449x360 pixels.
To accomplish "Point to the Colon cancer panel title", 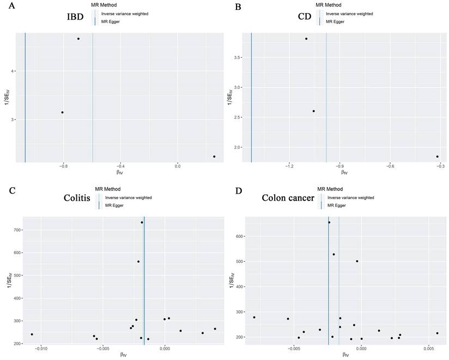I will pos(288,198).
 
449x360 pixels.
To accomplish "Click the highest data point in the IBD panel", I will pos(78,39).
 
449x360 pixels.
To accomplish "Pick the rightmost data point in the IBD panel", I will pos(214,157).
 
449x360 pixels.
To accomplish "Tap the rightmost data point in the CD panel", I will pos(437,157).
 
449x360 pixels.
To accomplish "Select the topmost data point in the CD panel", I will pos(306,39).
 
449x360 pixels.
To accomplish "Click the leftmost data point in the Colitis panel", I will pos(32,334).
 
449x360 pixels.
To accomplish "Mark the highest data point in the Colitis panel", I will pos(142,223).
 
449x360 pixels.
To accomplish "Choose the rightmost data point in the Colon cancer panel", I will pos(437,333).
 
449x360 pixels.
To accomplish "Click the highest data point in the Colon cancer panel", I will pos(329,223).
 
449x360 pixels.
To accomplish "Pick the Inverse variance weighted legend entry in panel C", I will pos(128,197).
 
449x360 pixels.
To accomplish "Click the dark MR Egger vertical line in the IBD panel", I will pos(25,98).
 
